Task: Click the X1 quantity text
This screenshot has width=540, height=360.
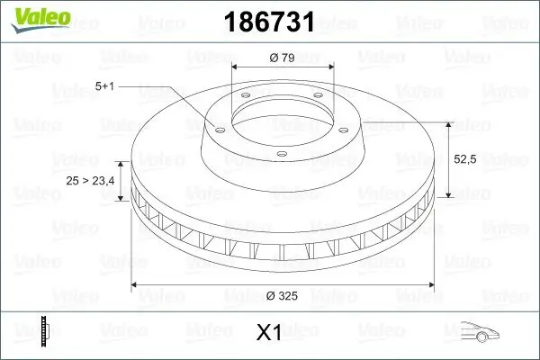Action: pyautogui.click(x=270, y=333)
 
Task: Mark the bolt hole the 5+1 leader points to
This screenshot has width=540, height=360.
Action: pyautogui.click(x=218, y=129)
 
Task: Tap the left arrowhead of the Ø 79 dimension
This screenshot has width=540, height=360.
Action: pyautogui.click(x=236, y=68)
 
